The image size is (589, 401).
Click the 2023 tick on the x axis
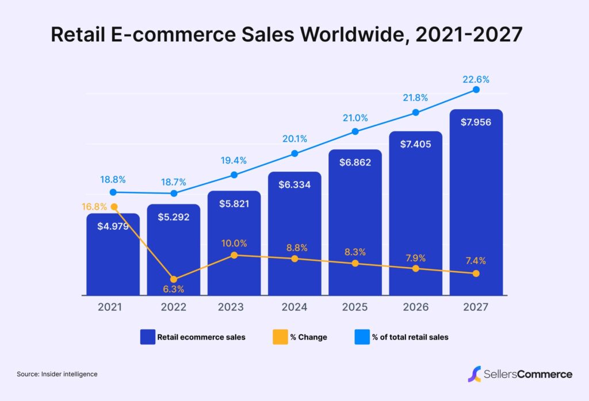click(x=234, y=307)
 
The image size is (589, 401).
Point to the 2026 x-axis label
click(x=415, y=307)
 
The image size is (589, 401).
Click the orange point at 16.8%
click(x=113, y=207)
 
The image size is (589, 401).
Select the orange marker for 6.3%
click(x=174, y=279)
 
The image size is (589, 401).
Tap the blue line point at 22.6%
click(x=476, y=90)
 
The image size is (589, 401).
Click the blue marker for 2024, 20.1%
click(x=294, y=153)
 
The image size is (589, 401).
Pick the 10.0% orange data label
click(x=234, y=243)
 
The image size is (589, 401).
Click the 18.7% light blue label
click(x=174, y=182)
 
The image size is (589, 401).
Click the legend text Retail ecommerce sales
click(x=201, y=337)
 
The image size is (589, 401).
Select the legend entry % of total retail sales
click(x=410, y=337)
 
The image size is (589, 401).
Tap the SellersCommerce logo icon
click(x=475, y=374)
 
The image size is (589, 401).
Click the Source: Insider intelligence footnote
click(x=57, y=374)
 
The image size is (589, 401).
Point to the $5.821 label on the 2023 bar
click(x=234, y=204)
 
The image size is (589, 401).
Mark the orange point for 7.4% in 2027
click(x=476, y=273)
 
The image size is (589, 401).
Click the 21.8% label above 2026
click(x=415, y=98)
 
